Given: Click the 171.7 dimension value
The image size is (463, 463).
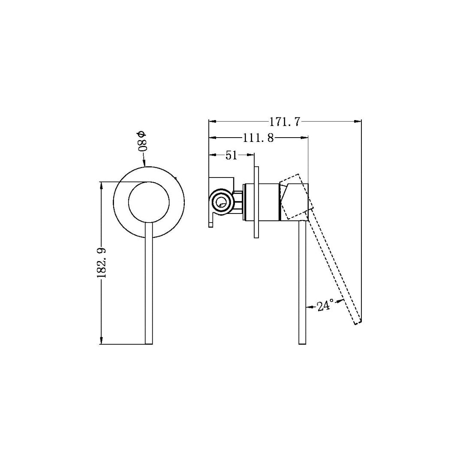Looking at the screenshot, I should pyautogui.click(x=285, y=122).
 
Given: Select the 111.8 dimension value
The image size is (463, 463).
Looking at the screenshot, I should pyautogui.click(x=258, y=138).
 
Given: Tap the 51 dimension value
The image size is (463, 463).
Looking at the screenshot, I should pyautogui.click(x=231, y=155).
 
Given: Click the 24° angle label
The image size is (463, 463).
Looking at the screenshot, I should pyautogui.click(x=325, y=306).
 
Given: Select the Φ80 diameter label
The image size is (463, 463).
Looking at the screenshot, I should pyautogui.click(x=142, y=140).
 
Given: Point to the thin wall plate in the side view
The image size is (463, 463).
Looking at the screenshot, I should pyautogui.click(x=256, y=202).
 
